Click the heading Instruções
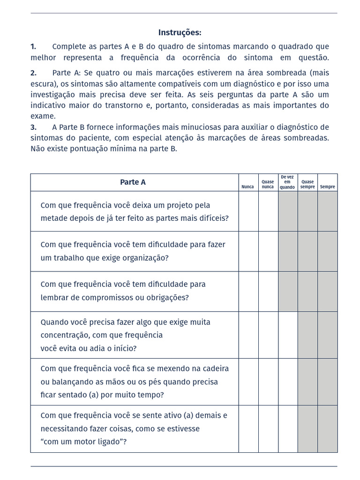click(180, 32)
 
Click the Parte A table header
click(133, 182)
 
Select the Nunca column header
click(247, 187)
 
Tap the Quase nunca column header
click(268, 184)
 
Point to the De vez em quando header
click(287, 182)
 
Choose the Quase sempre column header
click(307, 184)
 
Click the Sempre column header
click(327, 187)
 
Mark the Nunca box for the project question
click(248, 211)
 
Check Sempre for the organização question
click(327, 251)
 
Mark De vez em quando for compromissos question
click(288, 291)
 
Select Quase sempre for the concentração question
click(307, 335)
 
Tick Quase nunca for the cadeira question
click(268, 382)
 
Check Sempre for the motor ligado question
click(327, 428)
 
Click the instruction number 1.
click(33, 46)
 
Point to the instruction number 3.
click(33, 127)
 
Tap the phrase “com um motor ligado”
click(84, 442)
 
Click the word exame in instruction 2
click(43, 116)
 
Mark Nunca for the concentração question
click(248, 335)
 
